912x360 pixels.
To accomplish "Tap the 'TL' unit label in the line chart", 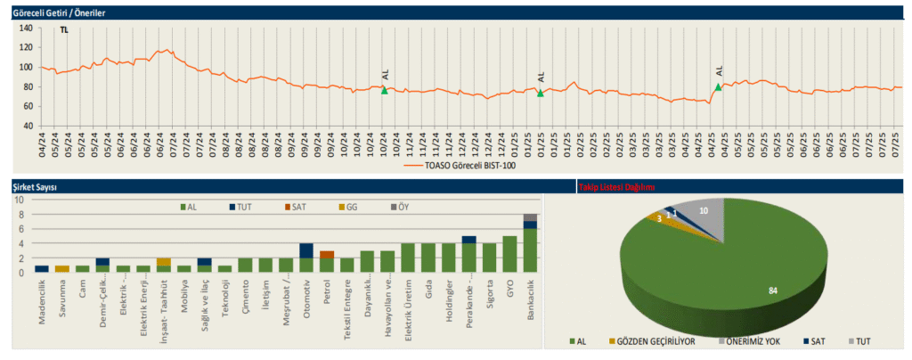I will coord(63,29).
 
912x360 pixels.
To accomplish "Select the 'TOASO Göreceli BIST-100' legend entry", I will coord(470,165).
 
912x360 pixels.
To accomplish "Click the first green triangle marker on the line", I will coord(385,90).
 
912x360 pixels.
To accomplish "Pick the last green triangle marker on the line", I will coord(718,86).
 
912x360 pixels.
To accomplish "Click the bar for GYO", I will coord(509,254).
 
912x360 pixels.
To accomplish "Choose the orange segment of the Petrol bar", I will coord(327,255).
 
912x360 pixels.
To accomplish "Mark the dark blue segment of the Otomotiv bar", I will coord(306,250).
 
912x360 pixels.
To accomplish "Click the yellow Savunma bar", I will coord(61,268).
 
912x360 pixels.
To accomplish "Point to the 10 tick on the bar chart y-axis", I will coord(21,200).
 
